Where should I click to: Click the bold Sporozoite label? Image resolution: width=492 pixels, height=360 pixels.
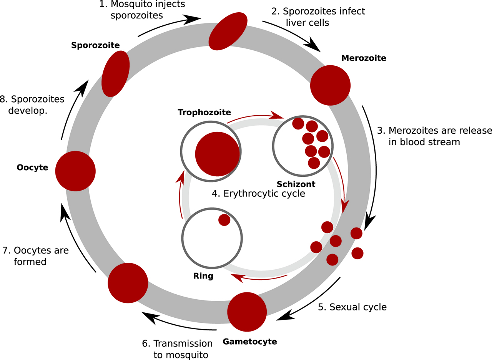95,45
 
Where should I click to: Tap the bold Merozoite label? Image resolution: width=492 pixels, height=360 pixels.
364,58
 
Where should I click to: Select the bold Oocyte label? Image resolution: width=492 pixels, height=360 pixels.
32,168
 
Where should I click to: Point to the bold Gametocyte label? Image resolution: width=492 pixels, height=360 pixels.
249,341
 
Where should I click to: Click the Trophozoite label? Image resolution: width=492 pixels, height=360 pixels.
204,112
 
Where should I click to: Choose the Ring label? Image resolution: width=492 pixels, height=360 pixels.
203,276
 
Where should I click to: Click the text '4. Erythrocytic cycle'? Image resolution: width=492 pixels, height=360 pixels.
258,194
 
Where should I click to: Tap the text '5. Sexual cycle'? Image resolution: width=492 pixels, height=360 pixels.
352,307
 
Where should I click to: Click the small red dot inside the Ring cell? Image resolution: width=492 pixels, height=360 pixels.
224,220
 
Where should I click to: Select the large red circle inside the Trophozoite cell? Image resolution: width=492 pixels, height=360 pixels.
218,154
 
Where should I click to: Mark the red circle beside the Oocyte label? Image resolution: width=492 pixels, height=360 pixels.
75,171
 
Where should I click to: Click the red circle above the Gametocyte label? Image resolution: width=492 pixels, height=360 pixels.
247,312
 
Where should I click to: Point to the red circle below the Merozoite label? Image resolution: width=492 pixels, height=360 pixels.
330,85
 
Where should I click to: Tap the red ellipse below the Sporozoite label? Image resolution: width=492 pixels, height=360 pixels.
115,73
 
